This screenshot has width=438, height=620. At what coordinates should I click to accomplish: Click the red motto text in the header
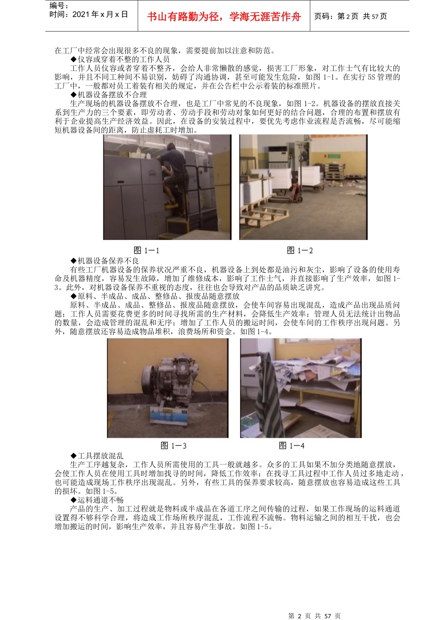224,17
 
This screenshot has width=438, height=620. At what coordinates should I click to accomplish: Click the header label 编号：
59,6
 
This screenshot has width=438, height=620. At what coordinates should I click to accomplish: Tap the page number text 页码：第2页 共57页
350,17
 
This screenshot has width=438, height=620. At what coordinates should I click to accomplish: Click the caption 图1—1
146,250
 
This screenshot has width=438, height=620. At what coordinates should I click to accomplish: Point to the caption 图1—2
300,250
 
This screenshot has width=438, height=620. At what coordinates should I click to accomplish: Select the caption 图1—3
173,446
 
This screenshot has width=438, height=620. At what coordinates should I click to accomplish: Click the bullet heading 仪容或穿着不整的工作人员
120,60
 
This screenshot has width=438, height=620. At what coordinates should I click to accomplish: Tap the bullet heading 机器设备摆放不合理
108,95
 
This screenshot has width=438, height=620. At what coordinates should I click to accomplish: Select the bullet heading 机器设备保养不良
105,261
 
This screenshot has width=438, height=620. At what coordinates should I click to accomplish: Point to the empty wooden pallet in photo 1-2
263,215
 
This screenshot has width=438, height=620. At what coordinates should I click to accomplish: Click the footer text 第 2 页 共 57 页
314,616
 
